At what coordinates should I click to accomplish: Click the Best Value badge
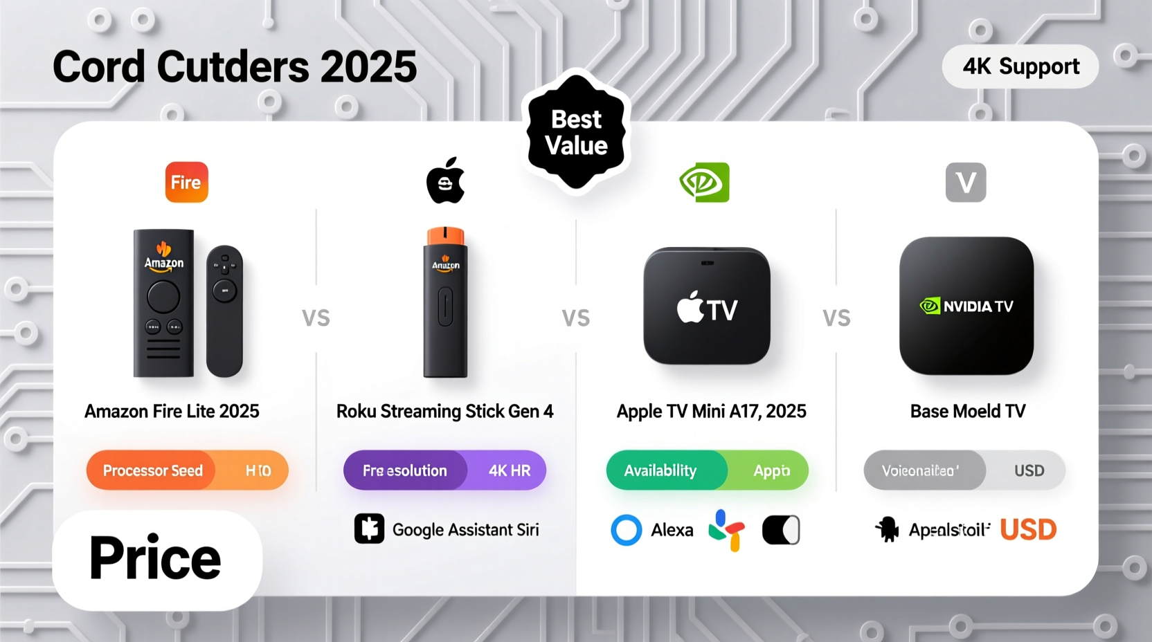[576, 132]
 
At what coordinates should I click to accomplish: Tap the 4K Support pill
[1020, 66]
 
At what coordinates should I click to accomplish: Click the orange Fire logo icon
[186, 183]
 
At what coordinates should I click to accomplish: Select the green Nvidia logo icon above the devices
[704, 183]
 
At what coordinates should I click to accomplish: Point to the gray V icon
[966, 183]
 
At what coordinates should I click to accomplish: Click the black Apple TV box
[707, 306]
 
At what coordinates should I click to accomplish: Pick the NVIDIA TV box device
[966, 306]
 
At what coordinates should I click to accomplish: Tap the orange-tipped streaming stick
[445, 302]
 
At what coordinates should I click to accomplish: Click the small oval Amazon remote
[224, 310]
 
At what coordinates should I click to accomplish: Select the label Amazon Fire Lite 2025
[172, 412]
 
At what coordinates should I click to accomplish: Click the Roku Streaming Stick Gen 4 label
[444, 412]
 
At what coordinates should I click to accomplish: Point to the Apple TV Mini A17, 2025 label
[711, 412]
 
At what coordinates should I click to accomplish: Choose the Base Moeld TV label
[967, 412]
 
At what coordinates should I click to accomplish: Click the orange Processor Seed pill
[152, 470]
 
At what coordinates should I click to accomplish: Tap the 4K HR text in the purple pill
[510, 470]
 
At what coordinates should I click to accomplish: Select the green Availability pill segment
[660, 470]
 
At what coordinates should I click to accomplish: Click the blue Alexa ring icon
[627, 530]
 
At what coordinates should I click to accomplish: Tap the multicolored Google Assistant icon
[726, 530]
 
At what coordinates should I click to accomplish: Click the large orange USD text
[1028, 530]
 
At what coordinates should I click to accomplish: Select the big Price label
[156, 559]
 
